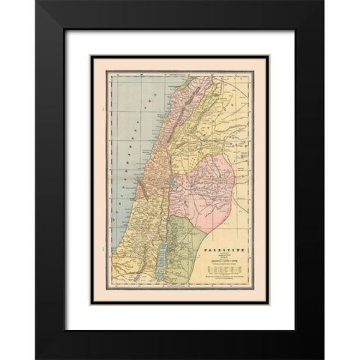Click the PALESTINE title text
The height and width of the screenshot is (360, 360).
[x=229, y=247]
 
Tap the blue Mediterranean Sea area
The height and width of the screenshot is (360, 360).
[x=124, y=150]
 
